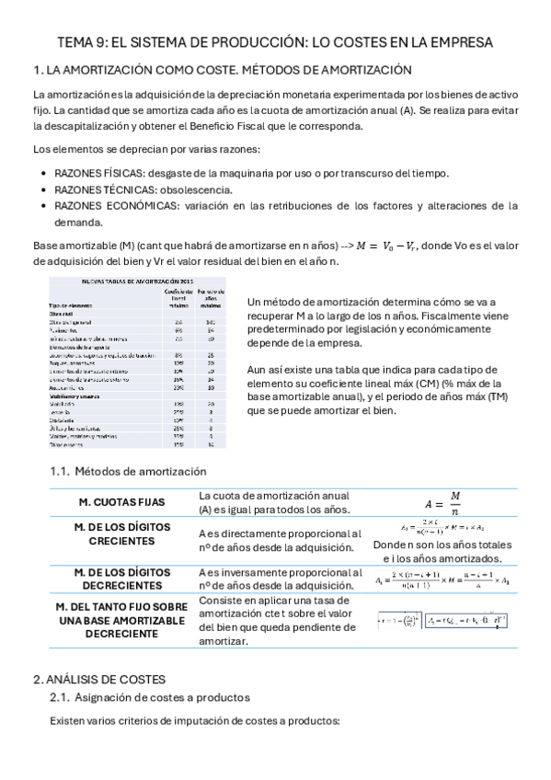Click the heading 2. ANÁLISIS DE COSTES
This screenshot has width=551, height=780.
click(98, 679)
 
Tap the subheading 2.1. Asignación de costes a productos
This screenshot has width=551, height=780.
click(150, 699)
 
